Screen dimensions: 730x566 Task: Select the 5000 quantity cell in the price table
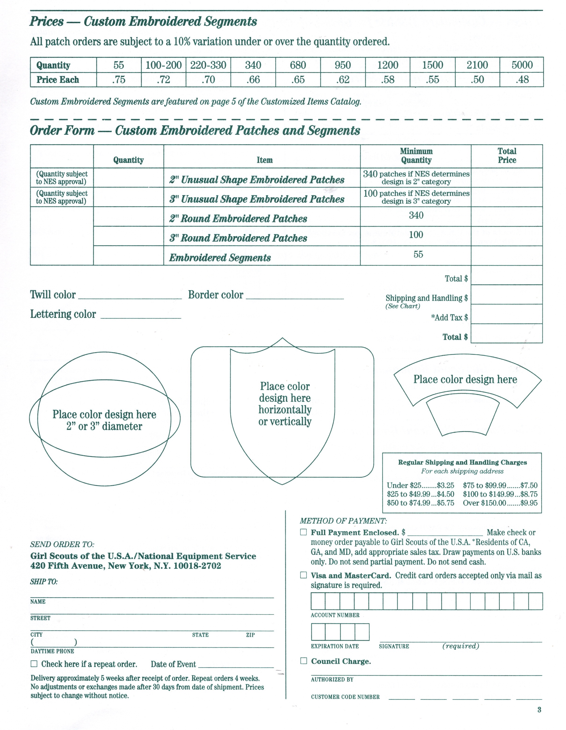[x=522, y=65]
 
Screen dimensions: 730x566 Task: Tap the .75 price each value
[x=119, y=80]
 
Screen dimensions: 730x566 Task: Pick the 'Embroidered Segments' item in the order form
[x=220, y=257]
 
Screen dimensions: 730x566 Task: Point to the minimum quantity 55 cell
[x=418, y=254]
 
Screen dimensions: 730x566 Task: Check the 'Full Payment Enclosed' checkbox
[x=303, y=532]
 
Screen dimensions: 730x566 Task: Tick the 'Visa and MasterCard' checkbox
[x=303, y=575]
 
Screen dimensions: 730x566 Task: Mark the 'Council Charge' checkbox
[x=303, y=661]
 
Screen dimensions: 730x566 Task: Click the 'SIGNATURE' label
[x=394, y=646]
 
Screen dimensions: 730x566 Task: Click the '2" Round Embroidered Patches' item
[x=238, y=219]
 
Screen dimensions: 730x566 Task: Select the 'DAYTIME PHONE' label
[x=52, y=651]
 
